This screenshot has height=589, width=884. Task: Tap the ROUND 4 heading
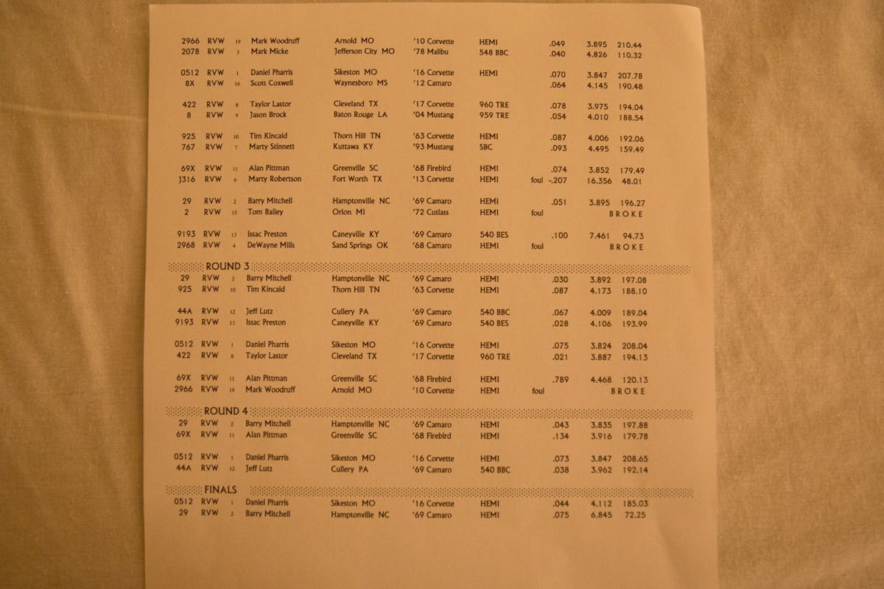(x=222, y=411)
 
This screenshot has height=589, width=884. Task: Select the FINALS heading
(x=220, y=490)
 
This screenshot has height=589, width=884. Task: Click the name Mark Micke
(x=269, y=52)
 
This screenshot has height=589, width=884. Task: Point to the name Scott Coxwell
(x=273, y=83)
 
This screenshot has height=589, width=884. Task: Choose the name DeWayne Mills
(x=270, y=245)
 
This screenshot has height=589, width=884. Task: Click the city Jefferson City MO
(x=364, y=52)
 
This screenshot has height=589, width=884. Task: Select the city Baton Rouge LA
(x=360, y=115)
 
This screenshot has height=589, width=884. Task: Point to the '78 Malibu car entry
(x=433, y=52)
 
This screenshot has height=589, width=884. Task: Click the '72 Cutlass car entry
(x=433, y=212)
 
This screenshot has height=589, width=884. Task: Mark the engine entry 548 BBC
(x=494, y=52)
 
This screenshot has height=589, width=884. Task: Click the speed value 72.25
(x=634, y=515)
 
